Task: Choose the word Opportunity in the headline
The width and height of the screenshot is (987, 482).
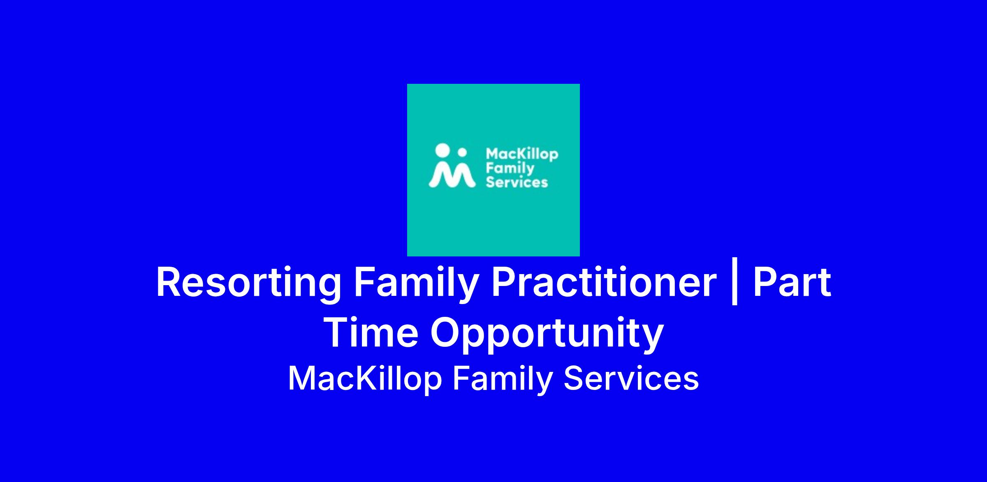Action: pos(547,335)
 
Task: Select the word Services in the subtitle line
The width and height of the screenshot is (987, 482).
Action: pos(631,378)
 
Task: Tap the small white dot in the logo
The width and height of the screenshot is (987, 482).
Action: pos(463,152)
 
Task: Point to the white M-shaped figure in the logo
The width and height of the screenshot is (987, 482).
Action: pos(452,174)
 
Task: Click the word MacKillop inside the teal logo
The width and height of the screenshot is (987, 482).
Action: pos(522,155)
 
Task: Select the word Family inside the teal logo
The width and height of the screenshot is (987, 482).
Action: pos(510,169)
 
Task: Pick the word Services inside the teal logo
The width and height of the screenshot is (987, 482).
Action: pos(517,182)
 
